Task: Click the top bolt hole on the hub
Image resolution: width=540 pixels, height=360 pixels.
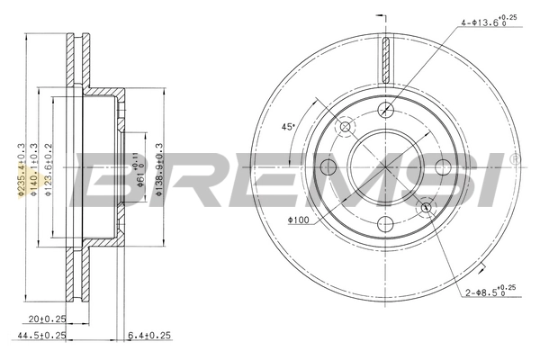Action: pos(386,109)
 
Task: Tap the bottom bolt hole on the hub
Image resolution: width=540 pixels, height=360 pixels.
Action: pos(386,224)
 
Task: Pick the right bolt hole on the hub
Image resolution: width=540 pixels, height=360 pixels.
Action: pos(443,166)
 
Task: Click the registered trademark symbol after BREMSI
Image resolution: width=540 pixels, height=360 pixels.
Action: pos(514,158)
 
